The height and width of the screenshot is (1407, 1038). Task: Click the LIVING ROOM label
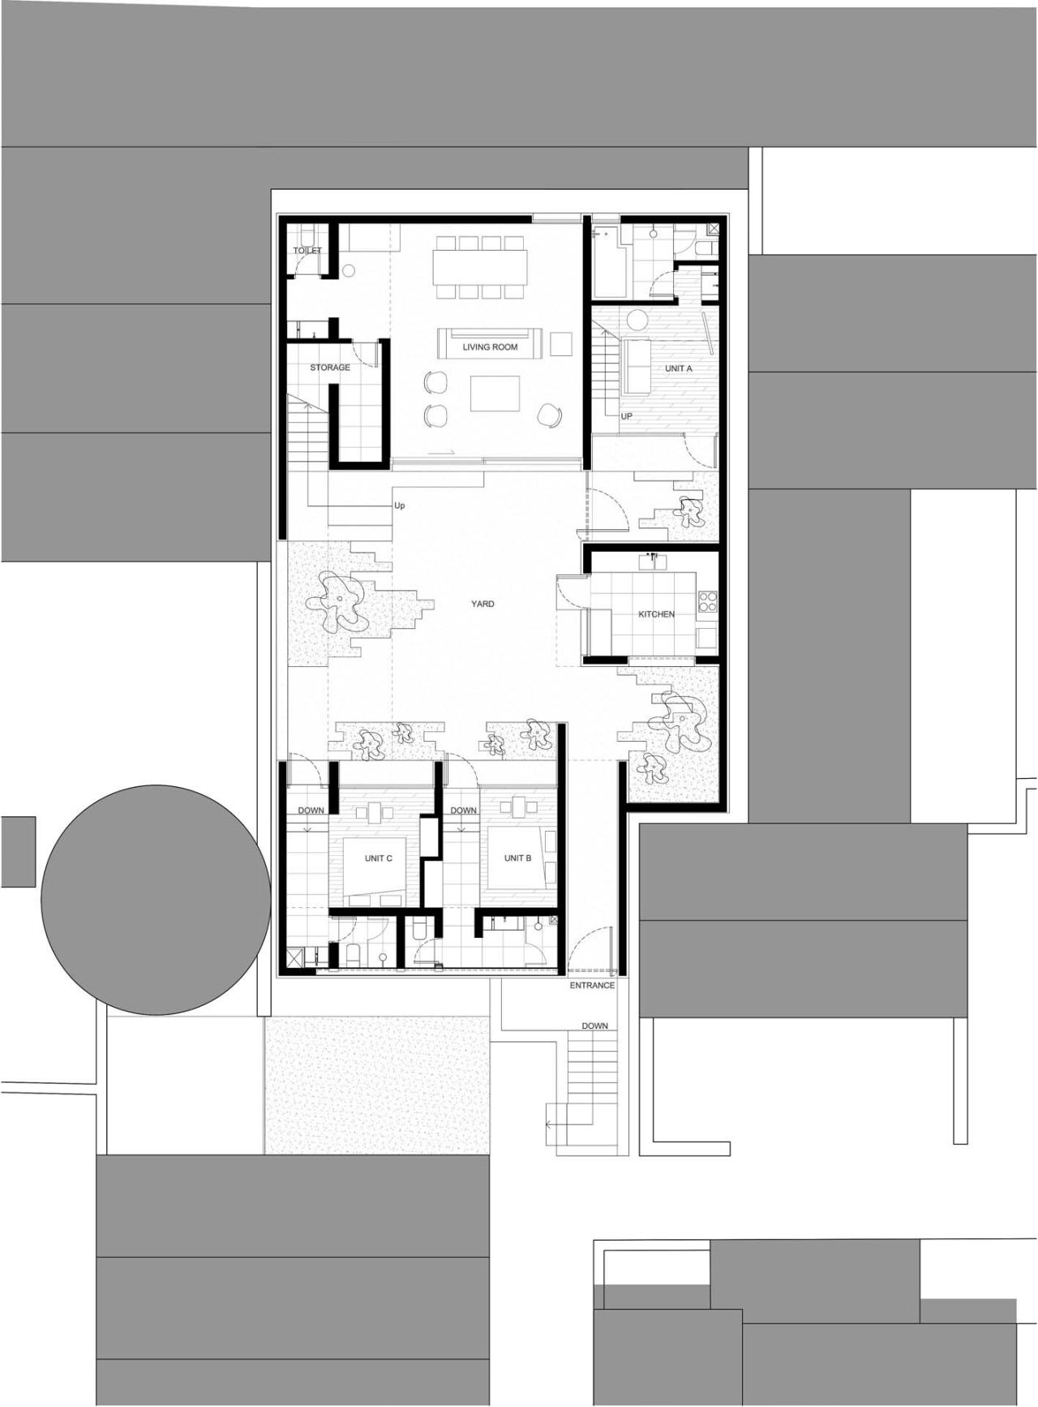(490, 347)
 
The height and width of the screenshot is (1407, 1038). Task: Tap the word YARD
(483, 604)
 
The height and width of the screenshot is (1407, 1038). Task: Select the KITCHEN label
(656, 614)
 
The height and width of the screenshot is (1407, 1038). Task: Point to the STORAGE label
(330, 368)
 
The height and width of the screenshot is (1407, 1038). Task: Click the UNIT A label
(679, 368)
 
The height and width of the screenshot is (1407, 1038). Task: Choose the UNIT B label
(517, 858)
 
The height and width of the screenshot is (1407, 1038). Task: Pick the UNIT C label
(379, 858)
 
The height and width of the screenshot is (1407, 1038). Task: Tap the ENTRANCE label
(592, 985)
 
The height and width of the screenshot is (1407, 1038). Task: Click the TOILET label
(307, 251)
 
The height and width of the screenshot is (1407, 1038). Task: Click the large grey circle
(156, 899)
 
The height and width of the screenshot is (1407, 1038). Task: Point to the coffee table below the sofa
(495, 394)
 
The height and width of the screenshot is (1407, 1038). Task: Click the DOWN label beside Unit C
(311, 811)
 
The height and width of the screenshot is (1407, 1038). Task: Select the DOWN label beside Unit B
(463, 811)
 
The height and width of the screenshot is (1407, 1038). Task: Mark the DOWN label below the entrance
(594, 1026)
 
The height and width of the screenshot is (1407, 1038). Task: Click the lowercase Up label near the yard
(399, 506)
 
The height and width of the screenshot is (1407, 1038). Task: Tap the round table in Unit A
(637, 319)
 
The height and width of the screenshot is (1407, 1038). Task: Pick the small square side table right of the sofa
(561, 343)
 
